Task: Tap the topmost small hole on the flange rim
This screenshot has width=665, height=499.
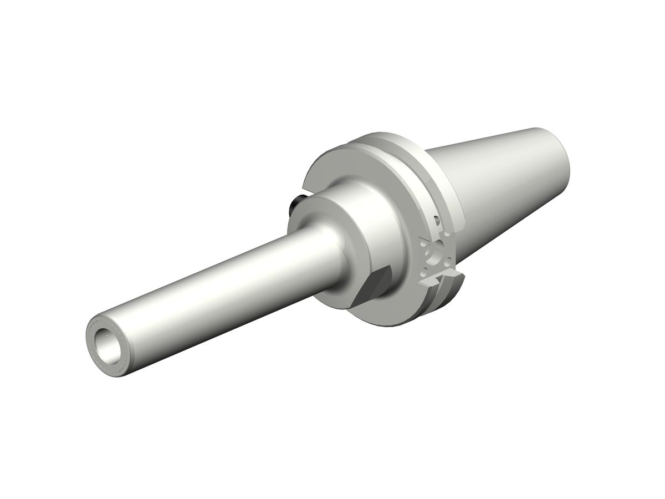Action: [436, 221]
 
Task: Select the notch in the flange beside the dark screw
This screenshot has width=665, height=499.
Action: [305, 191]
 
